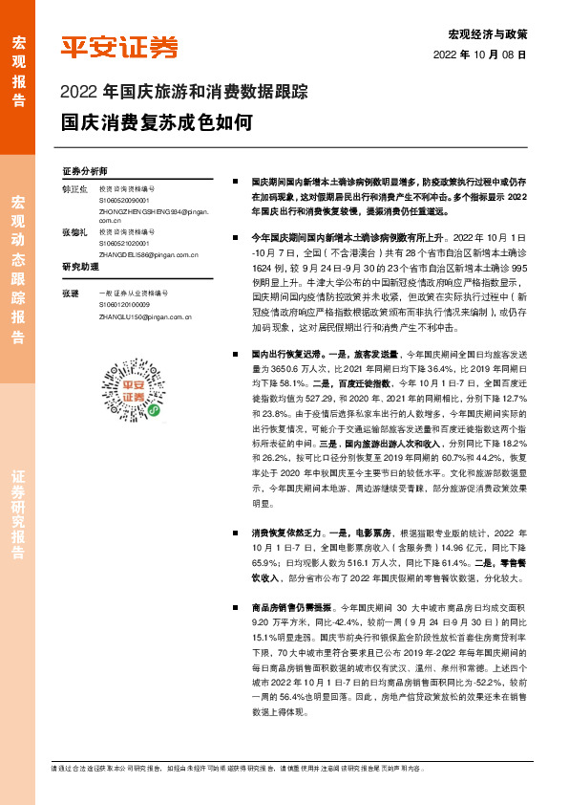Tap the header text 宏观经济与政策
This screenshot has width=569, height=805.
495,33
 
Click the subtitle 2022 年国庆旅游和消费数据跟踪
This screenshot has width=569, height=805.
183,94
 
